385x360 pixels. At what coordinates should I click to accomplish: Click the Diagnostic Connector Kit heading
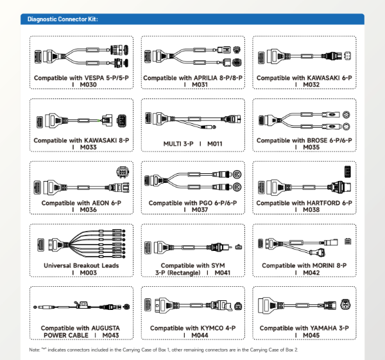coord(63,19)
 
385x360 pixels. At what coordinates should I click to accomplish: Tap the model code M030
coord(88,85)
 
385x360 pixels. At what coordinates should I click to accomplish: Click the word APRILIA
coord(205,78)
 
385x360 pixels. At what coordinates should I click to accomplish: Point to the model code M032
coord(311,85)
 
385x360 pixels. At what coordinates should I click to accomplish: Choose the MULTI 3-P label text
coord(178,144)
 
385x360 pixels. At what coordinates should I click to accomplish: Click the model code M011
coord(214,144)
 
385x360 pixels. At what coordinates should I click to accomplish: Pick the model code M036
coord(88,210)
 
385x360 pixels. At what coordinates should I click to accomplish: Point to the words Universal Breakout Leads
coord(81,266)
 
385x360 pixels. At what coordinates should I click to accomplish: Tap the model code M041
coord(222,273)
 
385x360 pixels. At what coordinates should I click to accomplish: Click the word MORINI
coord(323,266)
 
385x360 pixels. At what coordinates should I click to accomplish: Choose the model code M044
coord(200,335)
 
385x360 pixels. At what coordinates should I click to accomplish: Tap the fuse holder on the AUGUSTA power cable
coord(81,305)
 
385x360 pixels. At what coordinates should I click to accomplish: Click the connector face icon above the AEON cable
coord(123,172)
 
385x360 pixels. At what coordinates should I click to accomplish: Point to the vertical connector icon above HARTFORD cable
coord(347,171)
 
